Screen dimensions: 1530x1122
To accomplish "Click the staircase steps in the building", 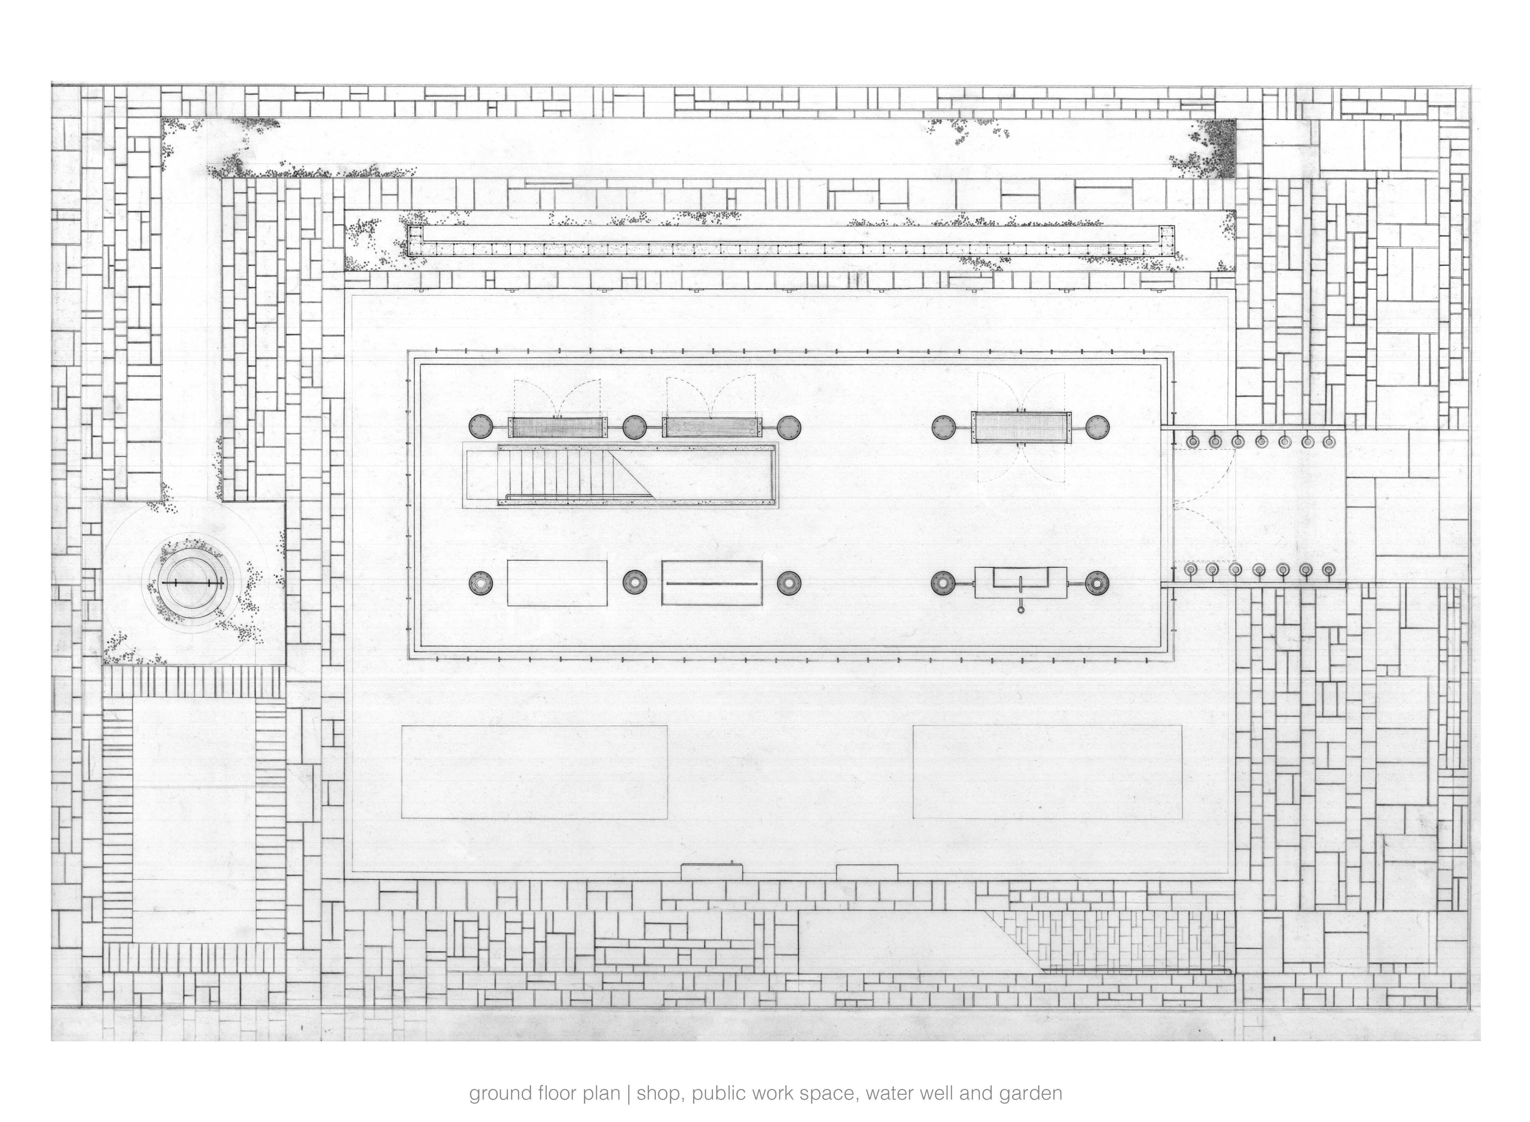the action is pos(564,475).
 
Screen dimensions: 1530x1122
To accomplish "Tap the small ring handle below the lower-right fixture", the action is pos(1021,609).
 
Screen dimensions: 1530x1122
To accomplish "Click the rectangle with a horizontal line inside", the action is pos(712,583).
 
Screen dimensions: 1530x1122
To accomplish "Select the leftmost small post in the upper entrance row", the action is pos(1192,441).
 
